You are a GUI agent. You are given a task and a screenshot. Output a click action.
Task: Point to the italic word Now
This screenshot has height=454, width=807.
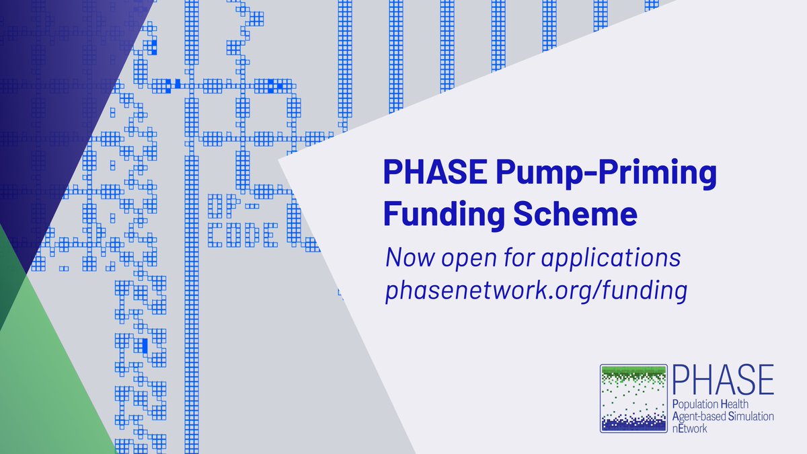click(x=406, y=258)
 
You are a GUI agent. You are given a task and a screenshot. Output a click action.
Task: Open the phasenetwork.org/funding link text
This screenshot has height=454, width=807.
click(x=536, y=292)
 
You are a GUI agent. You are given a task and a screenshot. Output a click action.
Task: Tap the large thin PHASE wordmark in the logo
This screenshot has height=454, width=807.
click(x=722, y=381)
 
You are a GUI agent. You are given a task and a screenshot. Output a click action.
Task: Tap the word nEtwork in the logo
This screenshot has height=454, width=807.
click(x=689, y=428)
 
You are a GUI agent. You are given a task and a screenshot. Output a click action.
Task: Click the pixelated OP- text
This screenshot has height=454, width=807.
click(x=225, y=204)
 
